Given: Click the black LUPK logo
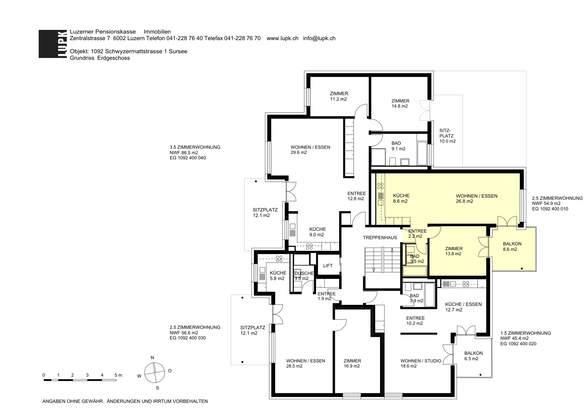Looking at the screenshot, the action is click(x=53, y=44).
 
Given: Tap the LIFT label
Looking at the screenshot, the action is click(x=328, y=266).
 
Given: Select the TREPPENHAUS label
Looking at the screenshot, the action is click(x=380, y=238).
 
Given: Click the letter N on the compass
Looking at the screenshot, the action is click(x=153, y=358).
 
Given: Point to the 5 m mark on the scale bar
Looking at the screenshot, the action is click(x=118, y=375).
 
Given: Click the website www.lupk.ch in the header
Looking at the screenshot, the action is click(x=283, y=38).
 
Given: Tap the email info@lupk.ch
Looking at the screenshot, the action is click(x=319, y=38).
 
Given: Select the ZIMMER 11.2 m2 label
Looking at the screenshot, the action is click(x=339, y=96).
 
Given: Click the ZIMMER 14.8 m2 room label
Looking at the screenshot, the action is click(x=400, y=104).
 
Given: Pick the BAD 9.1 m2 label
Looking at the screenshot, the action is click(x=398, y=146).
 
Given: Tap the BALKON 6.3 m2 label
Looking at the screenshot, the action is click(x=473, y=356).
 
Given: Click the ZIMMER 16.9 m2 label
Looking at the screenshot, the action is click(x=352, y=363).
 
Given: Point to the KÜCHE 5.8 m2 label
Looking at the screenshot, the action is click(x=278, y=276).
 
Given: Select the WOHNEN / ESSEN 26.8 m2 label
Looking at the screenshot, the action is click(x=477, y=198).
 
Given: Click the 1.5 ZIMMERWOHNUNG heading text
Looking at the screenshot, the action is click(x=526, y=333).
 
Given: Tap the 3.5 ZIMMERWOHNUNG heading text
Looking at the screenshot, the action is click(x=195, y=147).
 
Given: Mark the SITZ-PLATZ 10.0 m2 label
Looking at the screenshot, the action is click(x=447, y=136).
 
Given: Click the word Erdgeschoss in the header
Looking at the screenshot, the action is click(x=114, y=58).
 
